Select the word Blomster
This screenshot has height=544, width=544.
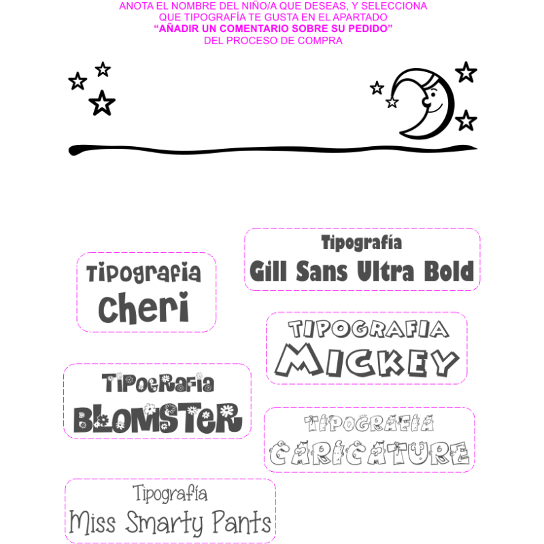(157, 418)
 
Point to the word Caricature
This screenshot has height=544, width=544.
(369, 454)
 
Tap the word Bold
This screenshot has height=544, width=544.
(448, 272)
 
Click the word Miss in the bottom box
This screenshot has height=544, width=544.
(92, 524)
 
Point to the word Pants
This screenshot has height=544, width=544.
(241, 524)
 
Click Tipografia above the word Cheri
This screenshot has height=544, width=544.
(144, 274)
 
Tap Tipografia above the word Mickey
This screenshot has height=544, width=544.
(368, 330)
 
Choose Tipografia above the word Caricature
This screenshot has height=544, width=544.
(369, 424)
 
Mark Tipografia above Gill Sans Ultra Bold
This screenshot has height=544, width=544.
(362, 242)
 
